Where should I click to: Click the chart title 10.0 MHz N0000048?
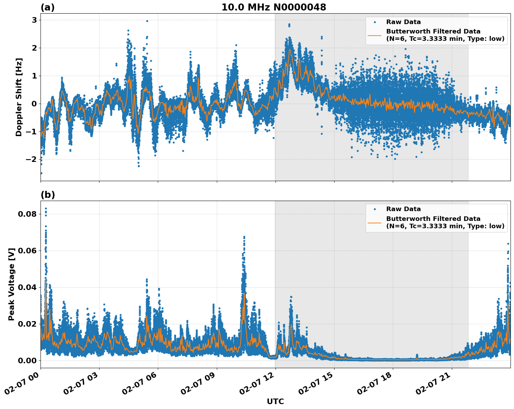[x=274, y=7]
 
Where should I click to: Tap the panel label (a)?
[x=47, y=7]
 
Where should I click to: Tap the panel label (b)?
[x=47, y=195]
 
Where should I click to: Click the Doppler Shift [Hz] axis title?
[x=19, y=97]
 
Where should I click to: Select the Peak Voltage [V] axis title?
[x=12, y=284]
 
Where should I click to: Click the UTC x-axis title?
[x=275, y=401]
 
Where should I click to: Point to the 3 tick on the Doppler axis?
[x=34, y=20]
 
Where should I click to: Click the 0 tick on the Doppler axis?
[x=34, y=104]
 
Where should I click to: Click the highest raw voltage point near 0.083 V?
[x=46, y=209]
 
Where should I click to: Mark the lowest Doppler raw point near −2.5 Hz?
[x=41, y=173]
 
